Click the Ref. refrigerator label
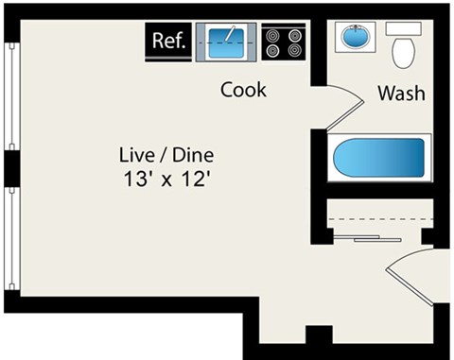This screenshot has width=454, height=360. (x=168, y=42)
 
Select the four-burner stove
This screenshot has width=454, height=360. (x=284, y=43)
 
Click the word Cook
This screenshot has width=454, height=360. (x=243, y=91)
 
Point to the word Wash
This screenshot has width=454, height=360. (x=400, y=94)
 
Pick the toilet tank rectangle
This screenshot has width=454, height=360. (x=405, y=28)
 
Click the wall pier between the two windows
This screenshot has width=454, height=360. (x=10, y=167)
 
